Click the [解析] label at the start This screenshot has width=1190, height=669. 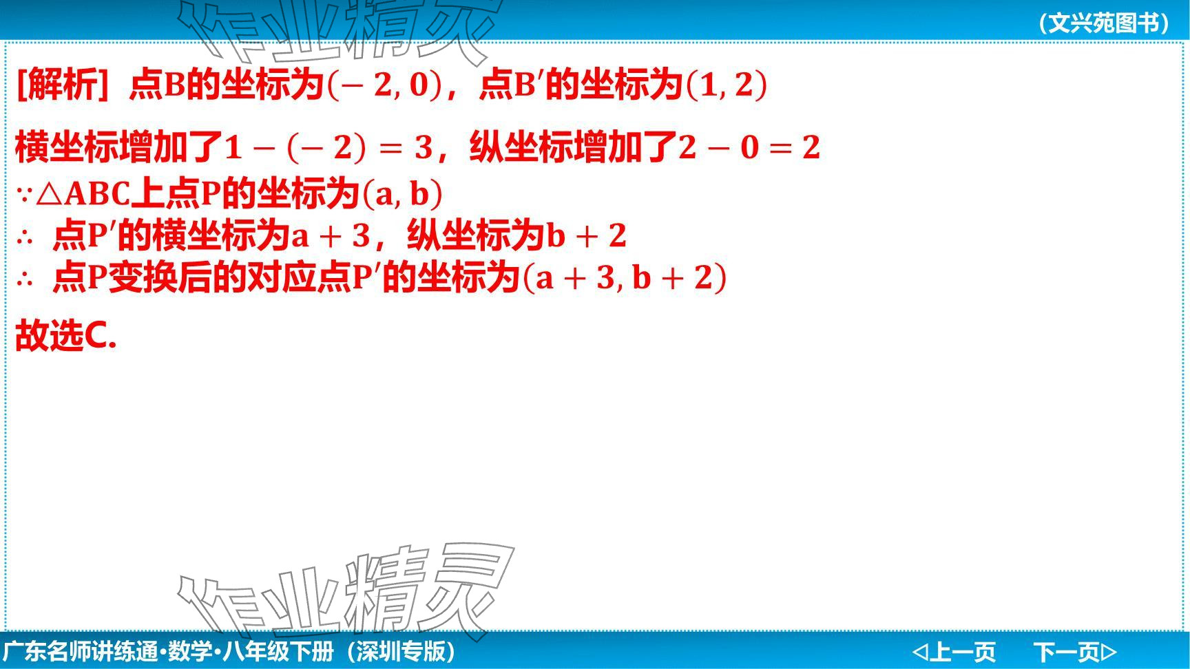(x=62, y=85)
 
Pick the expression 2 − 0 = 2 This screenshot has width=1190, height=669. (x=749, y=147)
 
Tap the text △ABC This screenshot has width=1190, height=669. (x=83, y=194)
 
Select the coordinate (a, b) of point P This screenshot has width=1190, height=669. (x=402, y=194)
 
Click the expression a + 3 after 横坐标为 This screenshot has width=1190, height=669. (x=331, y=236)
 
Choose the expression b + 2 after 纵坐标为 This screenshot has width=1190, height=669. (x=586, y=236)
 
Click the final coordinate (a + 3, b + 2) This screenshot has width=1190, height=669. (x=625, y=278)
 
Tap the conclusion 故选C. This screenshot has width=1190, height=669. (x=66, y=337)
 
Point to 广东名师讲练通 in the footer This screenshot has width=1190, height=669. (x=81, y=651)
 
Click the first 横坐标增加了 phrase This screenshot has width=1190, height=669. (x=119, y=147)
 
